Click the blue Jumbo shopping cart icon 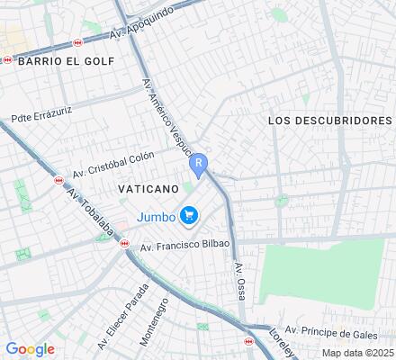click(x=189, y=215)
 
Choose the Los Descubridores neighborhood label click(x=330, y=120)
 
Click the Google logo click(x=30, y=349)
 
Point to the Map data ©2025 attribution click(x=357, y=353)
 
